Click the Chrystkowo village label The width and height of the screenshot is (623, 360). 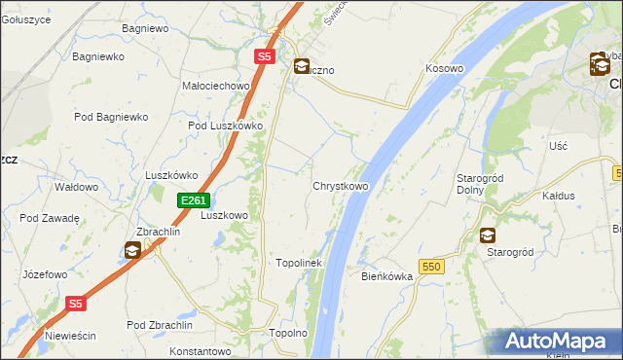(x=340, y=185)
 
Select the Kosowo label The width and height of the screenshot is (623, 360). (x=444, y=69)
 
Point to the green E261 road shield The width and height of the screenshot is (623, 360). (x=193, y=200)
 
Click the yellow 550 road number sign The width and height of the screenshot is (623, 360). (x=432, y=266)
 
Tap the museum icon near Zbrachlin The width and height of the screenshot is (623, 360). (x=131, y=251)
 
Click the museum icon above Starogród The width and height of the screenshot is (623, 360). (x=487, y=235)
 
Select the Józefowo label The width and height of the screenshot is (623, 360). (x=46, y=275)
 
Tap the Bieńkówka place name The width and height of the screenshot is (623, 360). (x=387, y=276)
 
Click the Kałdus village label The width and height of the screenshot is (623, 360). (x=559, y=196)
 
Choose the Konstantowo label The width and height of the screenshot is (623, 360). (x=203, y=350)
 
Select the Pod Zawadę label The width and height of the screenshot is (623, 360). (x=49, y=218)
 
